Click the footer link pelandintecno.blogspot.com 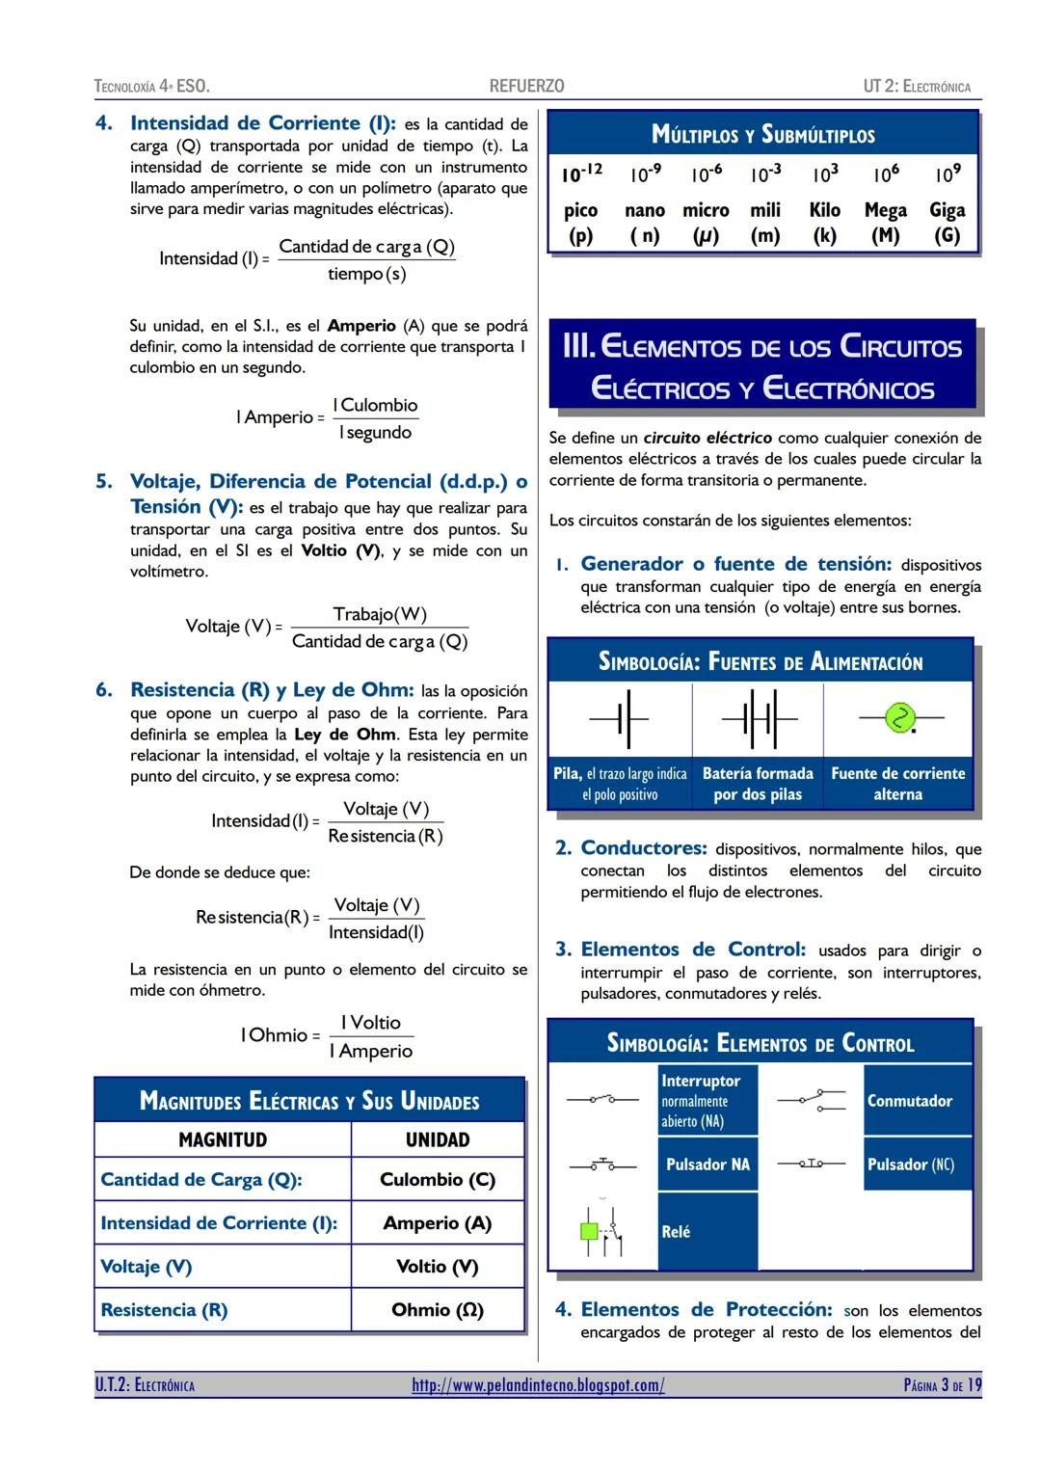538,1385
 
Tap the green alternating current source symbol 899,718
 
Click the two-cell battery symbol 759,718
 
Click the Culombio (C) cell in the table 438,1179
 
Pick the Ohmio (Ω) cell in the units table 438,1309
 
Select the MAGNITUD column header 223,1139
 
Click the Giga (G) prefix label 947,222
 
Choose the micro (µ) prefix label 706,222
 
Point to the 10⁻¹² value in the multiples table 581,174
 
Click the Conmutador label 909,1101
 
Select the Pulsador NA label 707,1165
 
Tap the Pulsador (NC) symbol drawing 812,1165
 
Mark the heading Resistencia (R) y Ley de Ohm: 272,690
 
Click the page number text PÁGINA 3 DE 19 942,1385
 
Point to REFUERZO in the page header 526,86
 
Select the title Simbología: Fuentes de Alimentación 761,662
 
